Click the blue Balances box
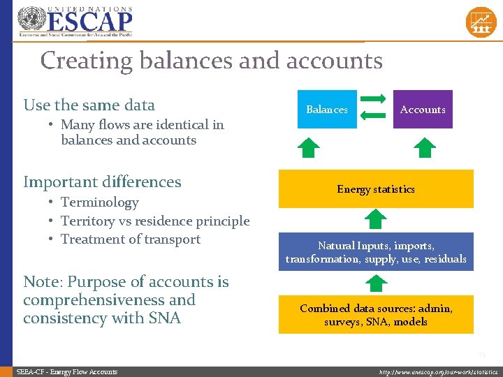tap(327, 110)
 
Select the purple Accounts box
tap(423, 110)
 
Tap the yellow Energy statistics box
tap(376, 189)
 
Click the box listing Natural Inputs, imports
tap(376, 252)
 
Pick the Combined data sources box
tap(376, 315)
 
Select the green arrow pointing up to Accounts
tap(423, 147)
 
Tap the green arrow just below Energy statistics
tap(377, 220)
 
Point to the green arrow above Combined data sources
tap(377, 283)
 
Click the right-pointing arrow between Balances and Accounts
tap(375, 99)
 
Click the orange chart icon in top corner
tap(481, 21)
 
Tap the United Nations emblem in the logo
tap(30, 20)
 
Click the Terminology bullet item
tap(99, 202)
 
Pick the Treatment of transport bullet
tap(130, 239)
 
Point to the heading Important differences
tap(102, 182)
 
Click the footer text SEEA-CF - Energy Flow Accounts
tap(67, 372)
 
